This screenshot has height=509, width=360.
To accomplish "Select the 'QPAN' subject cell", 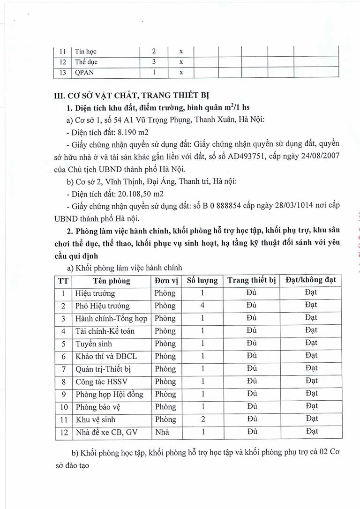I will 84,72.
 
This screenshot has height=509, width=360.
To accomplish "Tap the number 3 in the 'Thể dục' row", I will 153,61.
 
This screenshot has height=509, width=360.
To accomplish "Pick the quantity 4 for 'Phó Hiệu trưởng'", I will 202,306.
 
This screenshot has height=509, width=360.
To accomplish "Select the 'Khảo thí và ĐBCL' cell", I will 103,356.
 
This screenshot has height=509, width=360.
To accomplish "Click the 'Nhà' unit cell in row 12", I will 162,432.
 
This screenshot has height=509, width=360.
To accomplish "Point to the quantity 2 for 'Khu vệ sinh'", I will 202,419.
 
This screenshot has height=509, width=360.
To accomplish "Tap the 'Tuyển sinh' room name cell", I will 93,344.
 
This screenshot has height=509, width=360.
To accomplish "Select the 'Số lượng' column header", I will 202,281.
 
